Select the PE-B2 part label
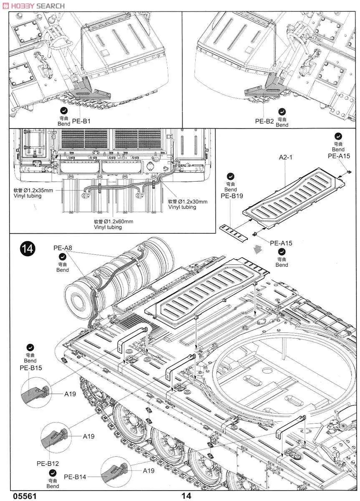click(264, 121)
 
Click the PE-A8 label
click(63, 248)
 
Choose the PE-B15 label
click(30, 368)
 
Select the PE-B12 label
click(48, 463)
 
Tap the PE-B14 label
click(75, 477)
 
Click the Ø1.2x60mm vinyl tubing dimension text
click(113, 221)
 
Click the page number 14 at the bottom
click(186, 496)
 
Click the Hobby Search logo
click(33, 5)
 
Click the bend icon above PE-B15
click(30, 347)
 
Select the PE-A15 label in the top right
click(338, 156)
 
